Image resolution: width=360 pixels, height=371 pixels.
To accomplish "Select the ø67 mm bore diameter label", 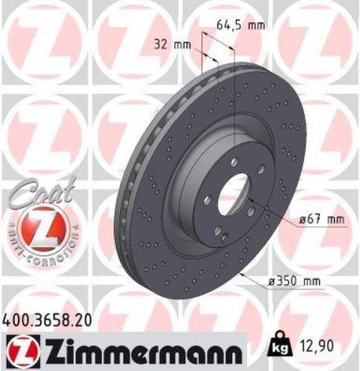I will (x=324, y=220).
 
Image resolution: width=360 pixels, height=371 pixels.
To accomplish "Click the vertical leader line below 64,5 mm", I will (x=235, y=89).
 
